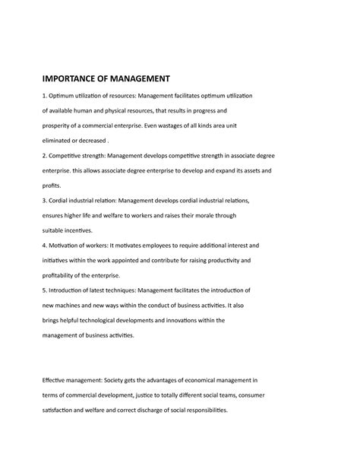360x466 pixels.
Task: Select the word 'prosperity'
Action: pyautogui.click(x=60, y=125)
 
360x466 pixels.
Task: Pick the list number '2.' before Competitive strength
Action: pyautogui.click(x=45, y=155)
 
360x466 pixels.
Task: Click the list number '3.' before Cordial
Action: pyautogui.click(x=45, y=200)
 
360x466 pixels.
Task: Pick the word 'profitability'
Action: pyautogui.click(x=64, y=274)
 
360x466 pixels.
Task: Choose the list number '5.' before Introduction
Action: pyautogui.click(x=45, y=290)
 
